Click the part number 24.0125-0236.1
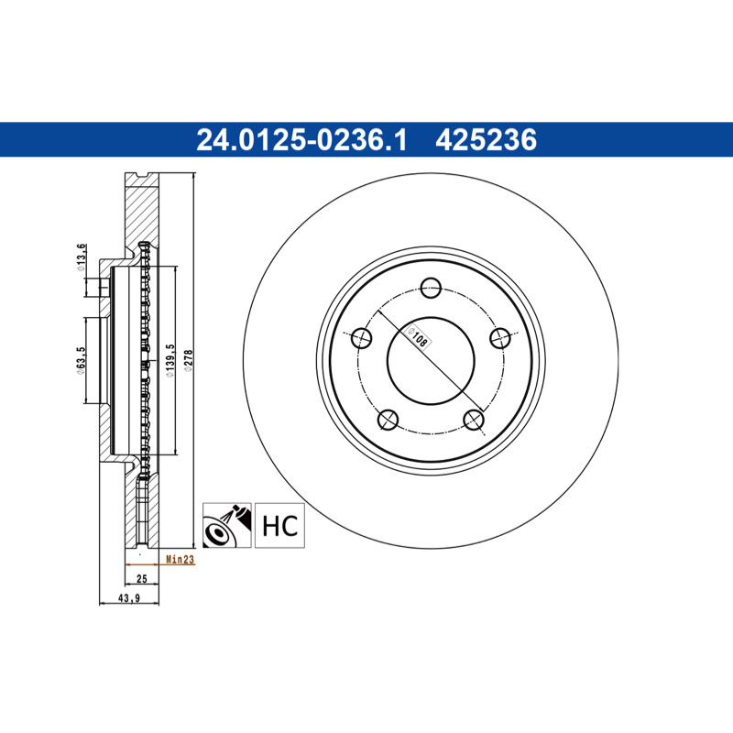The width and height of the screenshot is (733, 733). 301,140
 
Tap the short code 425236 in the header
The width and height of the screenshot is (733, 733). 487,140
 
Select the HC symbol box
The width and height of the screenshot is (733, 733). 279,525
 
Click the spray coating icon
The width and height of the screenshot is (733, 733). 226,525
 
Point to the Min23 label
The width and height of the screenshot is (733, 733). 180,559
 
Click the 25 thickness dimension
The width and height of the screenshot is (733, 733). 142,579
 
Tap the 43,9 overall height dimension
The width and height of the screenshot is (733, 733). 129,598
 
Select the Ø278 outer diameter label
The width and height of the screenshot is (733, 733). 189,360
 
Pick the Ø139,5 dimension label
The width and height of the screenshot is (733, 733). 170,360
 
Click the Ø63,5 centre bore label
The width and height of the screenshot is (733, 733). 80,360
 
